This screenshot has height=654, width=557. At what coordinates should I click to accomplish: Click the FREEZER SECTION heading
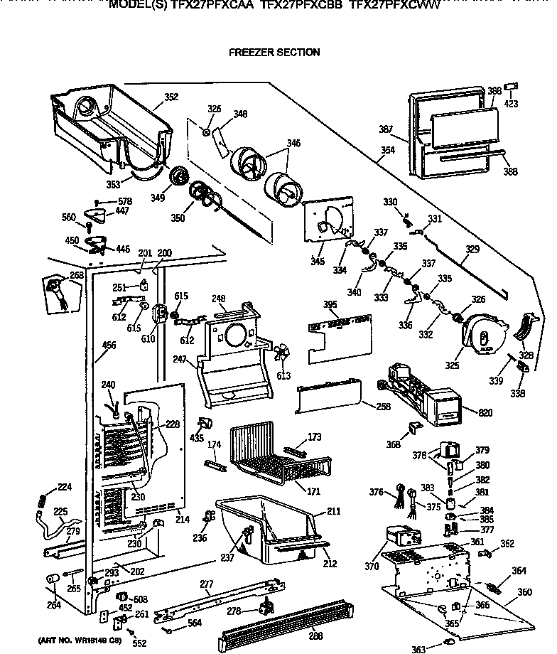click(274, 52)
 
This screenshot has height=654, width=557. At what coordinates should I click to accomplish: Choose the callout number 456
click(109, 345)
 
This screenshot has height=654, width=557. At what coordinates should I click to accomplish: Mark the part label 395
click(330, 305)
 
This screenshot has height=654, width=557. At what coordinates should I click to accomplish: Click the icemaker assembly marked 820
click(419, 395)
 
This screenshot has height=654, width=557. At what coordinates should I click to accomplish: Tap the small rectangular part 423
click(510, 88)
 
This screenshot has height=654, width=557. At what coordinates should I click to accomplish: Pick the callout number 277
click(206, 584)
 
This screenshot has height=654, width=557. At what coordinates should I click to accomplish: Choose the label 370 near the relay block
click(369, 566)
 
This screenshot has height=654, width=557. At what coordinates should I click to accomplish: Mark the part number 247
click(179, 360)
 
